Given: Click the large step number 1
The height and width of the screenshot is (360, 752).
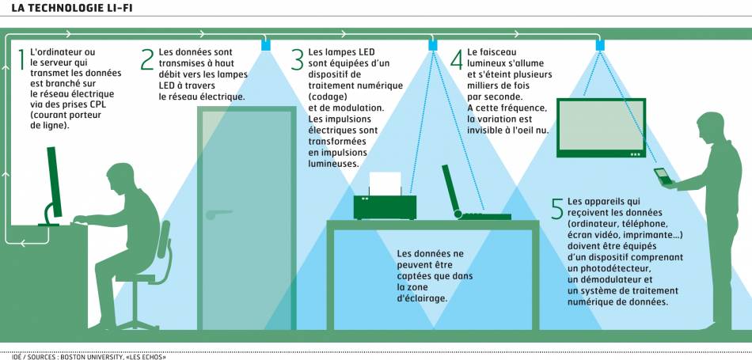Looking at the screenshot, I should tap(21, 59).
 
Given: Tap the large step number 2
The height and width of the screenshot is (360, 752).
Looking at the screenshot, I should tap(147, 59).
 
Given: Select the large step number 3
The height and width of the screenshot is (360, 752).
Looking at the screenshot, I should tap(298, 59).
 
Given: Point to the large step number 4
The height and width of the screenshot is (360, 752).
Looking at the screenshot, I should tap(457, 59).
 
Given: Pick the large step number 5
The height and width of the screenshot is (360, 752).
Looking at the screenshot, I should tap(557, 208).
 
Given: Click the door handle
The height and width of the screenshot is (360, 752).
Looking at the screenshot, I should tap(217, 213).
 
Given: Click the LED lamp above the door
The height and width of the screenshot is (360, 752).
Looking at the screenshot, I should tap(266, 45).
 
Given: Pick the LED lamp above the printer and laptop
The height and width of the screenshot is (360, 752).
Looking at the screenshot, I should tap(432, 45).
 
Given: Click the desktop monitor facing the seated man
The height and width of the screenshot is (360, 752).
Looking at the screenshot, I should tap(55, 182).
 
